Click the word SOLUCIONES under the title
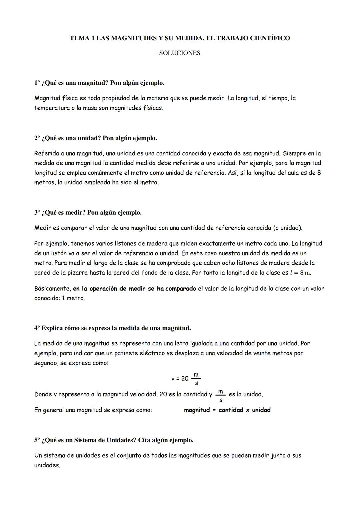pyautogui.click(x=180, y=53)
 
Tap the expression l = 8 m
pyautogui.click(x=300, y=273)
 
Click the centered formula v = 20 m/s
pyautogui.click(x=186, y=379)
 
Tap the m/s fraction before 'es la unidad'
pyautogui.click(x=220, y=395)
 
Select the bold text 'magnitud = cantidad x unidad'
pyautogui.click(x=227, y=410)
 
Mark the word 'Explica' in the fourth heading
pyautogui.click(x=52, y=328)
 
